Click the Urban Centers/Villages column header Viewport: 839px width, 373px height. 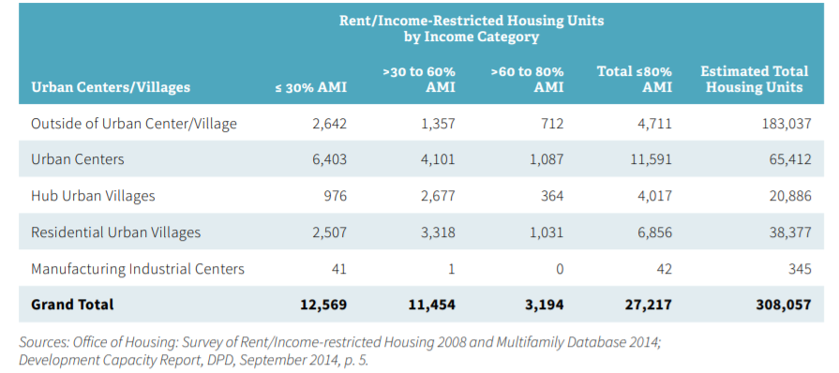(111, 87)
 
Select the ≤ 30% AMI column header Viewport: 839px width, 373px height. (310, 87)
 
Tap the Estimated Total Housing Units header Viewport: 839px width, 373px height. (754, 79)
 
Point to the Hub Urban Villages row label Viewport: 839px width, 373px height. (93, 196)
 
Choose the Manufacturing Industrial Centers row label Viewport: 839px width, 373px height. (138, 269)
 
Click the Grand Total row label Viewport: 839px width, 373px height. (72, 305)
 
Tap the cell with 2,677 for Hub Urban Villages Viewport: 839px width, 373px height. (437, 196)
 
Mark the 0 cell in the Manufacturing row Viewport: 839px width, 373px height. (559, 269)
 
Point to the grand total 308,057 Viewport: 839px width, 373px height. (778, 305)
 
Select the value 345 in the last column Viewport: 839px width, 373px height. (793, 269)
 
